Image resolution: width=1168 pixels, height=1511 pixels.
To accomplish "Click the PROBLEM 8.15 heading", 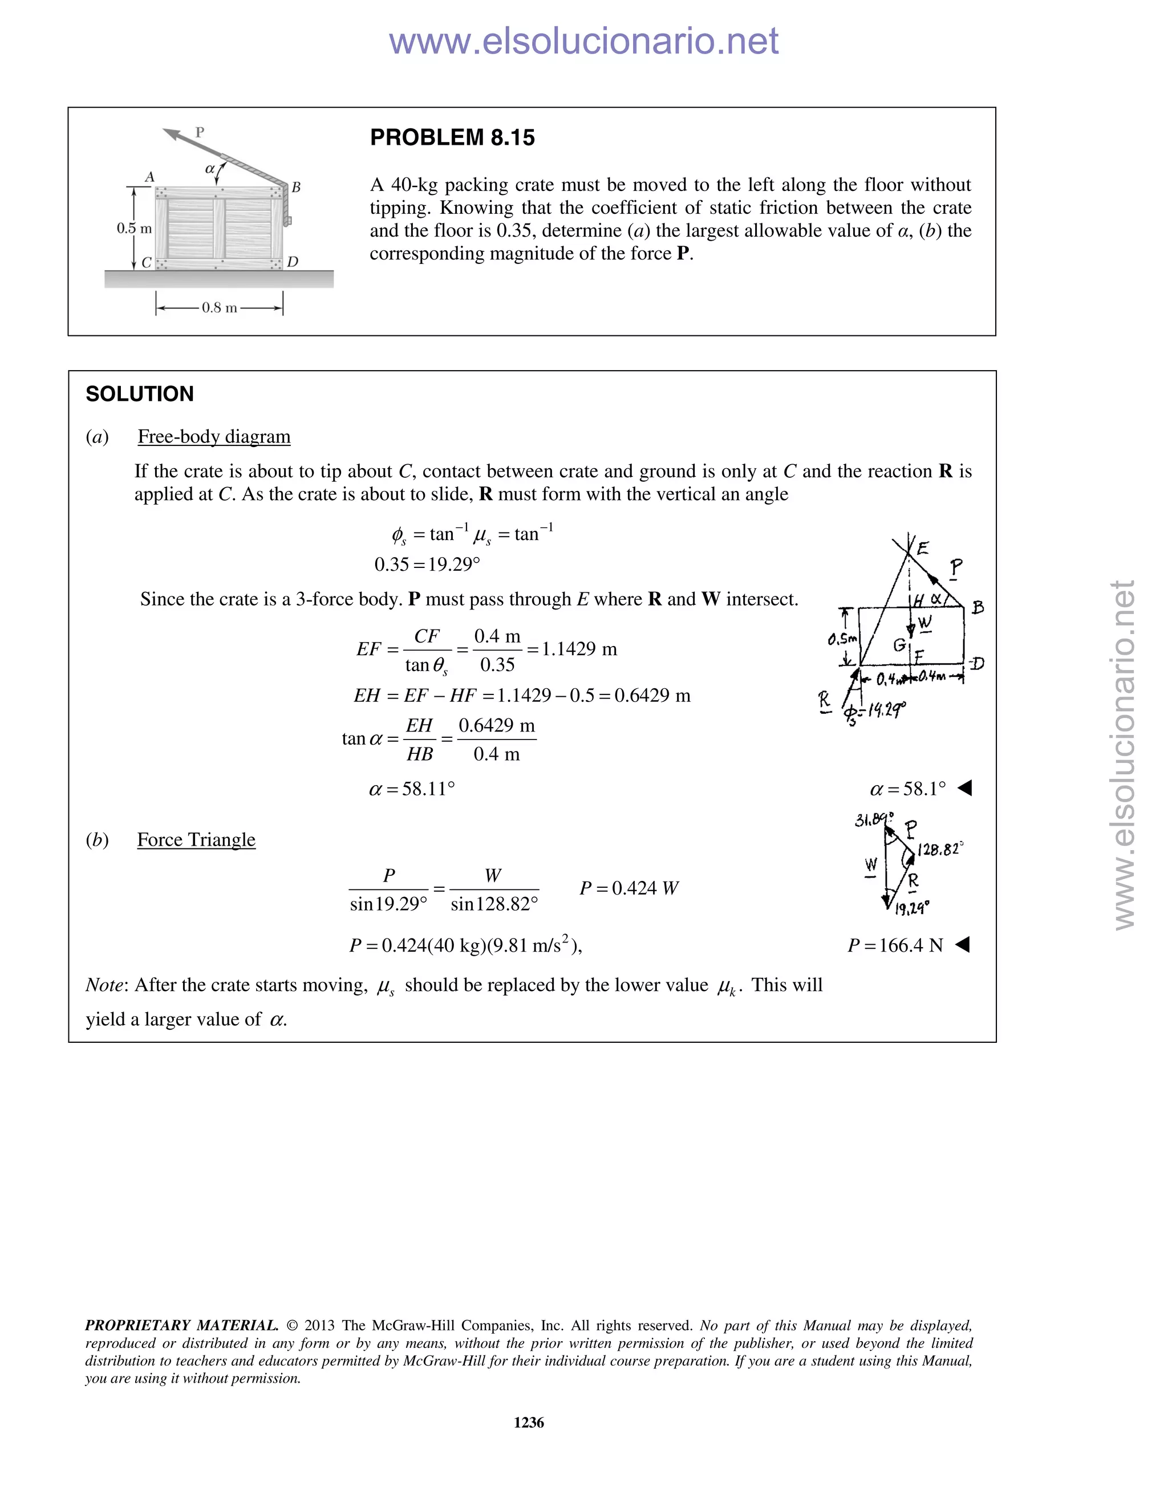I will pos(452,137).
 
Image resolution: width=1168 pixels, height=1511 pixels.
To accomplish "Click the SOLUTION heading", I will pos(140,395).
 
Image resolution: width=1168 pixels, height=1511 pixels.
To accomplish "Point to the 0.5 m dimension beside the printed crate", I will pos(133,228).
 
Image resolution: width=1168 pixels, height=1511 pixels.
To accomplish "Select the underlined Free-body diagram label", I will pos(214,437).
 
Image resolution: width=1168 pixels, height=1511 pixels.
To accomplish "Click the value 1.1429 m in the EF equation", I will pos(579,649).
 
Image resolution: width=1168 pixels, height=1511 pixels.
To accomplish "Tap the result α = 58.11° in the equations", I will pos(412,789).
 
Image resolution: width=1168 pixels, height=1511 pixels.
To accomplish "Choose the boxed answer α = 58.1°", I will pos(908,789).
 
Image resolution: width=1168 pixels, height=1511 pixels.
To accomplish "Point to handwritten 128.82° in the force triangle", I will pos(940,849).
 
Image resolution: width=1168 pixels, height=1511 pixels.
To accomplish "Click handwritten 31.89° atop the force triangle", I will pos(874,820).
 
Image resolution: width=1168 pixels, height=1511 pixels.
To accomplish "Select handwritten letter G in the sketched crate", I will pos(899,645).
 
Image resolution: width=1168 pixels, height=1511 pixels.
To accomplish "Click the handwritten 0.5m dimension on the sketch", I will pos(843,639).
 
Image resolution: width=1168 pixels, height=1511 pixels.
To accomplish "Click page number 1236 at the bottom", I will pos(529,1423).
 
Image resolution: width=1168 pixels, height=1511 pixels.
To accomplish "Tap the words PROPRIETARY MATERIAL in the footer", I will pos(181,1326).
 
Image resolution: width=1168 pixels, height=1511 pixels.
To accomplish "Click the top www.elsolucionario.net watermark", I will pos(583,41).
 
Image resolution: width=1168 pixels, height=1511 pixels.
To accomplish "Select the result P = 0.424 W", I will pos(629,888).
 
